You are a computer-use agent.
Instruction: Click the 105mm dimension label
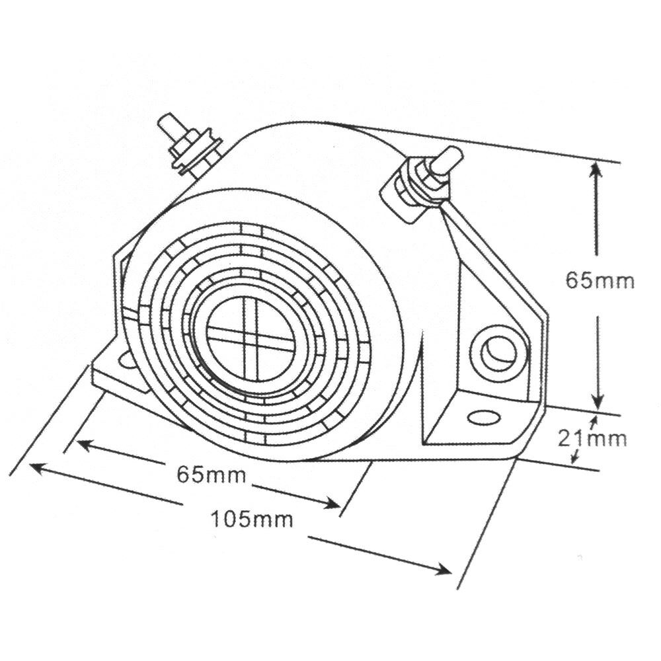point(252,519)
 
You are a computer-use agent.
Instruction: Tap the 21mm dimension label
point(592,438)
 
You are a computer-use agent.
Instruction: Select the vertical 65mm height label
point(600,280)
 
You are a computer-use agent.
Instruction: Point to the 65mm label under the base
point(212,475)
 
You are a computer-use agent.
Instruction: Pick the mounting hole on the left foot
point(126,359)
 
